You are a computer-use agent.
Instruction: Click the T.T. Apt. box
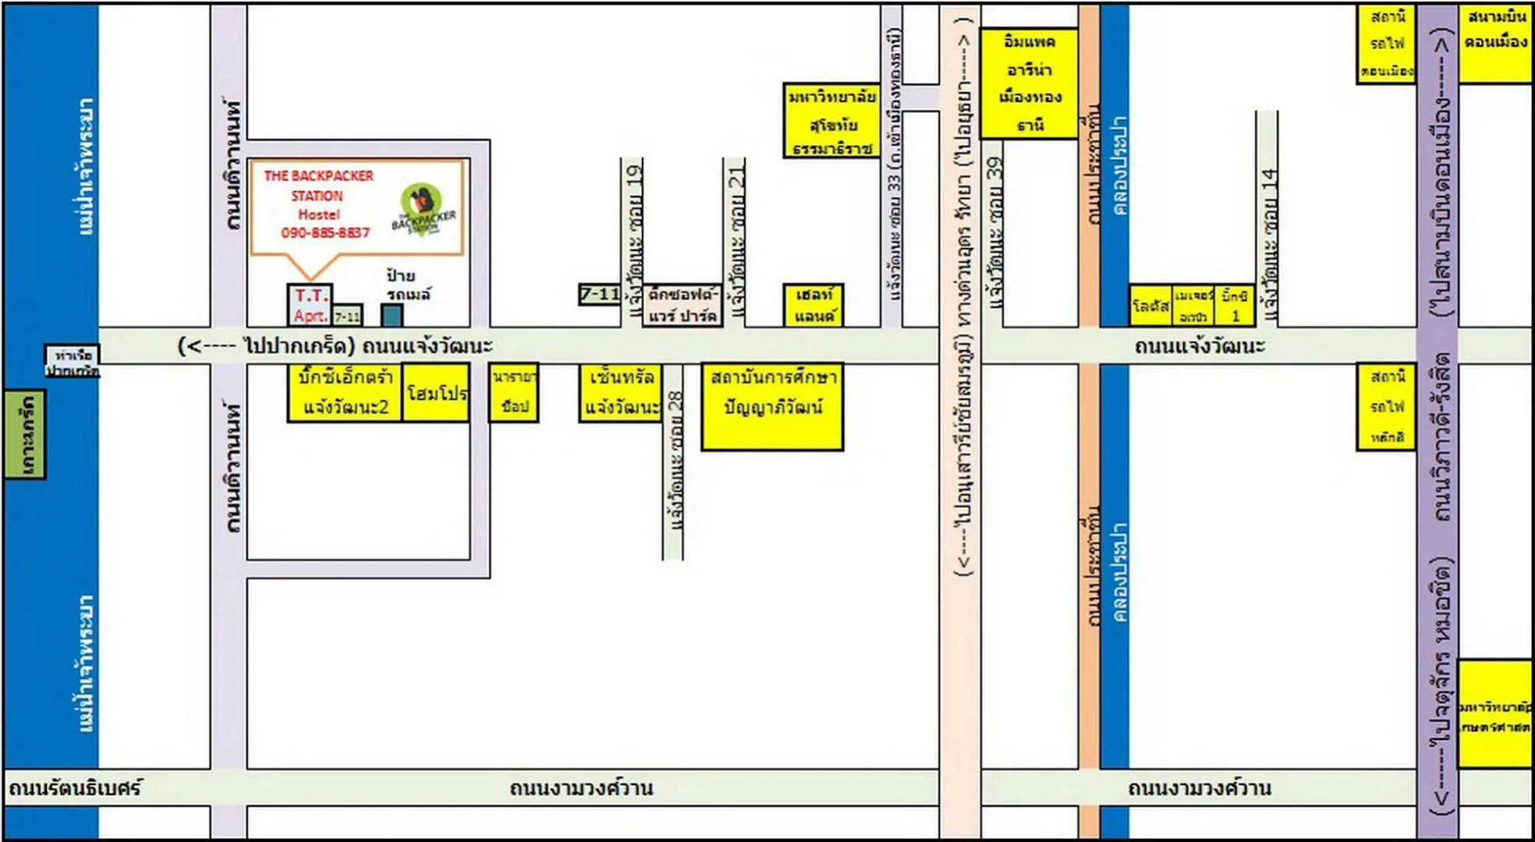[310, 305]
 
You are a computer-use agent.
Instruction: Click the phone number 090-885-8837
[325, 232]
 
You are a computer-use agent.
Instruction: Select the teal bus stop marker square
[392, 315]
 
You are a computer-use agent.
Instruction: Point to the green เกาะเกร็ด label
[25, 434]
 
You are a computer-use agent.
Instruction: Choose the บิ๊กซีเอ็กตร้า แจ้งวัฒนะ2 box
[345, 392]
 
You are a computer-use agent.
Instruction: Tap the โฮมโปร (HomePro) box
[436, 392]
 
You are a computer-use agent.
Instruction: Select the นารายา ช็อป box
[514, 392]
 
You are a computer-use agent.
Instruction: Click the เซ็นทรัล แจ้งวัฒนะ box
[621, 392]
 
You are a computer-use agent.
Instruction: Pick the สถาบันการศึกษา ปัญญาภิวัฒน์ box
[772, 406]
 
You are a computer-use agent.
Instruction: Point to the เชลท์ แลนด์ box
[814, 305]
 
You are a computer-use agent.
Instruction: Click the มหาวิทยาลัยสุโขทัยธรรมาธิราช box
[831, 121]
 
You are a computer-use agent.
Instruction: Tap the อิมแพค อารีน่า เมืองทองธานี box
[1029, 83]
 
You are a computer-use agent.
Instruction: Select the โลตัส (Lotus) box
[1150, 305]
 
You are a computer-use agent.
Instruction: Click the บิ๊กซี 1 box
[1235, 305]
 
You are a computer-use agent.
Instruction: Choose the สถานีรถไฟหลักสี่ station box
[1386, 406]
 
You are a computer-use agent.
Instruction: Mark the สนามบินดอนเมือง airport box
[1494, 43]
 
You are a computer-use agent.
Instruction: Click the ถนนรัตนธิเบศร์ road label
[75, 787]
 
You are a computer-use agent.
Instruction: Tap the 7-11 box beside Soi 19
[600, 294]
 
